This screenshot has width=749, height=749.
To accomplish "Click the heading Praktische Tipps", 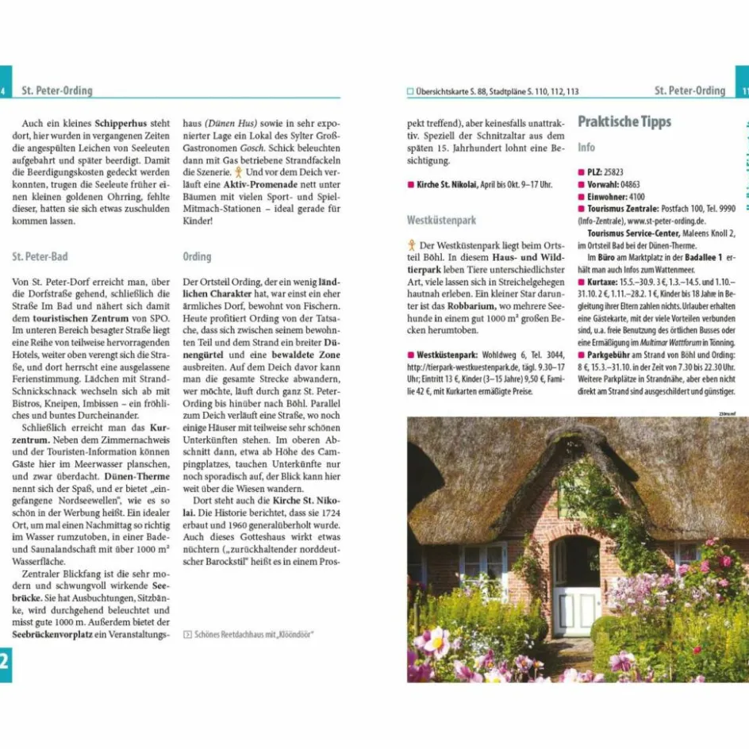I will [624, 121].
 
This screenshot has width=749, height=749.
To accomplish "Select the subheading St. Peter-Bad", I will [40, 257].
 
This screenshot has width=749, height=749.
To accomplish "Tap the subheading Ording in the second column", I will [197, 257].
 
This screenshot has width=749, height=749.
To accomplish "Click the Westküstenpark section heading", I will [441, 220].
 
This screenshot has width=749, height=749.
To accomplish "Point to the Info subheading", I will [586, 148].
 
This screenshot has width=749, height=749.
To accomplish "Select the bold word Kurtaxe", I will [602, 282].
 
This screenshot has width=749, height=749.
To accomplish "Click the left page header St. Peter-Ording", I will [57, 90].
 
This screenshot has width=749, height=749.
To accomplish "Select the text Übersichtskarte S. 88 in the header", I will [448, 92].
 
